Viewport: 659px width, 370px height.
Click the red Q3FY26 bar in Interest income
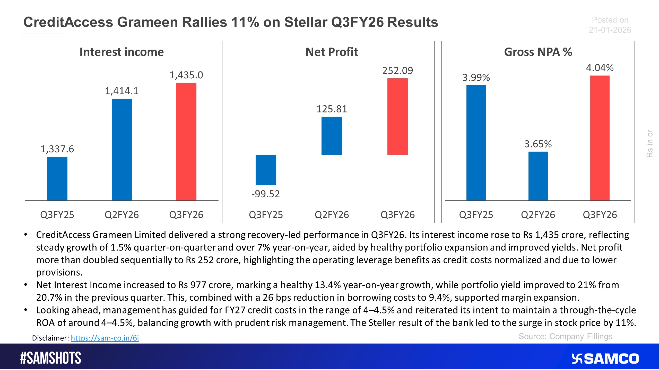click(186, 141)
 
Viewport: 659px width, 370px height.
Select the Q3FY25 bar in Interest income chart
click(57, 179)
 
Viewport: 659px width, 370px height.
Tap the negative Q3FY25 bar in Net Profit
click(266, 170)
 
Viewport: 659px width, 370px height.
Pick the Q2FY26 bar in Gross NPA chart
click(538, 176)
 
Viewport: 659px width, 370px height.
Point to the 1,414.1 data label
click(122, 91)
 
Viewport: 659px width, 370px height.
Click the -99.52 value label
click(265, 194)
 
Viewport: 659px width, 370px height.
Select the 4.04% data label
click(600, 68)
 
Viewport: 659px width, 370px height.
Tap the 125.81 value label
click(332, 109)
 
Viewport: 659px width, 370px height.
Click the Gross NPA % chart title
click(538, 52)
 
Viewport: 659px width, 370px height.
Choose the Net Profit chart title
click(332, 52)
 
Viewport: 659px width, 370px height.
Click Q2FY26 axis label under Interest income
click(122, 215)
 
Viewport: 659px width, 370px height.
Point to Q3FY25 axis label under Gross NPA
click(476, 215)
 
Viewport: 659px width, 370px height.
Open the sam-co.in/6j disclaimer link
click(105, 338)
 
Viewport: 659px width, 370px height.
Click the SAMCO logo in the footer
click(605, 359)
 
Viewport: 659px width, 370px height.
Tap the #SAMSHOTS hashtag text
click(50, 358)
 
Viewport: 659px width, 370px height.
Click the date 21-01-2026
click(610, 30)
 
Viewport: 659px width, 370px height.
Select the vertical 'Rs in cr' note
click(649, 144)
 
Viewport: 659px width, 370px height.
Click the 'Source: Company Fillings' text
click(565, 337)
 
